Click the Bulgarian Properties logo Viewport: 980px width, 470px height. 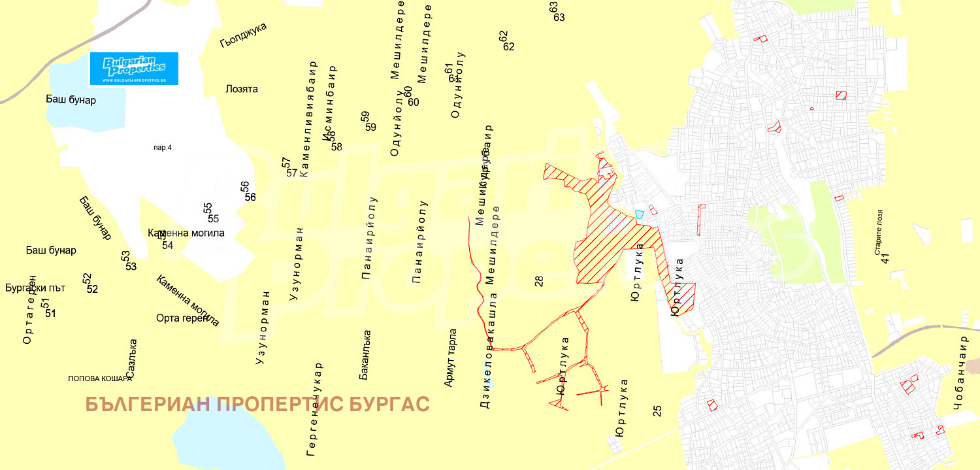tap(134, 68)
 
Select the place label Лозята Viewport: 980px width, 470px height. tap(241, 89)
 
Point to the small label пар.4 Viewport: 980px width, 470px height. tap(162, 148)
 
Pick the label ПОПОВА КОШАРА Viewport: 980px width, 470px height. tap(100, 378)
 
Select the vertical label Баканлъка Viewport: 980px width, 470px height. tap(366, 355)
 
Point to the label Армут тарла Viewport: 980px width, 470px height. tap(450, 358)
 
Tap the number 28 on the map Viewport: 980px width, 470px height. tap(539, 281)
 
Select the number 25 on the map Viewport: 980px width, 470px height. tap(657, 411)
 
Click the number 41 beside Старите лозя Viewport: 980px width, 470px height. tap(885, 258)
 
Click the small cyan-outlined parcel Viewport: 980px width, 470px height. tap(640, 213)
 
